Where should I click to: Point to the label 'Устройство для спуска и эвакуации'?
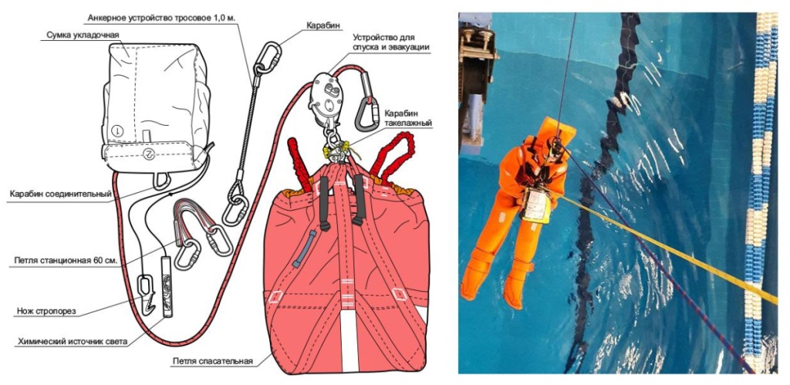(x=391, y=42)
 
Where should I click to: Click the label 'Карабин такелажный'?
(x=408, y=117)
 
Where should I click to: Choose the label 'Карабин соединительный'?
(x=60, y=194)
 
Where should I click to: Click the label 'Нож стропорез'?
(x=45, y=312)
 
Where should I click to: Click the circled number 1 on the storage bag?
(x=118, y=130)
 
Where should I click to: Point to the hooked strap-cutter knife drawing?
(x=147, y=295)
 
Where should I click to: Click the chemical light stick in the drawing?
(x=167, y=286)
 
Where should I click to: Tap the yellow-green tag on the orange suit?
(x=537, y=206)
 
